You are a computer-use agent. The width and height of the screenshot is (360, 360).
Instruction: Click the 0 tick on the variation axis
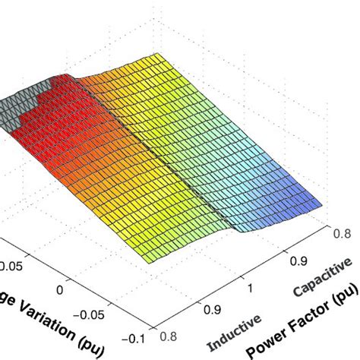click(x=61, y=289)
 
